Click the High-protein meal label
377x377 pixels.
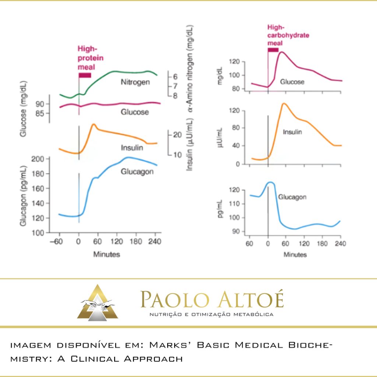[90, 58]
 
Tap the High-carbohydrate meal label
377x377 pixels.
[288, 35]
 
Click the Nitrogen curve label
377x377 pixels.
[135, 82]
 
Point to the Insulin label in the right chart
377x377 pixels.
[292, 131]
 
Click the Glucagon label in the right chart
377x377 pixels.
[292, 197]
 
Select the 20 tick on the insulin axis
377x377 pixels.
[177, 135]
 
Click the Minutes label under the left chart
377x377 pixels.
[106, 254]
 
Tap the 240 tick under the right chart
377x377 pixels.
[341, 244]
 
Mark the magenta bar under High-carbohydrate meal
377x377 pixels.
[273, 50]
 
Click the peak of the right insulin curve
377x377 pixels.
[284, 103]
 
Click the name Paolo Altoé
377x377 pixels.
[212, 300]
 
